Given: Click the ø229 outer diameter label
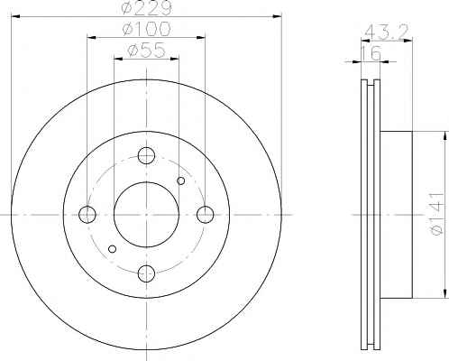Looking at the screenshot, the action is point(147,7).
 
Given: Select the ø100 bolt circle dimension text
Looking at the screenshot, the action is point(146,29).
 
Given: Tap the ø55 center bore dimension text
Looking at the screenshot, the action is point(146,50).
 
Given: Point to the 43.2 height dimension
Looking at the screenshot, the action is point(386,31).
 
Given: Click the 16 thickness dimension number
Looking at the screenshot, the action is point(371,53).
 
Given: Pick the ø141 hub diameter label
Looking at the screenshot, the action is point(437,214).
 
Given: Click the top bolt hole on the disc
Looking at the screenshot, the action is point(146,155).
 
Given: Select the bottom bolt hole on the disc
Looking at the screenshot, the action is point(146,273).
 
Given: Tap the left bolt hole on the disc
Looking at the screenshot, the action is point(87,215).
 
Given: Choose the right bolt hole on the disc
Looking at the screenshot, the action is point(206,215).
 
